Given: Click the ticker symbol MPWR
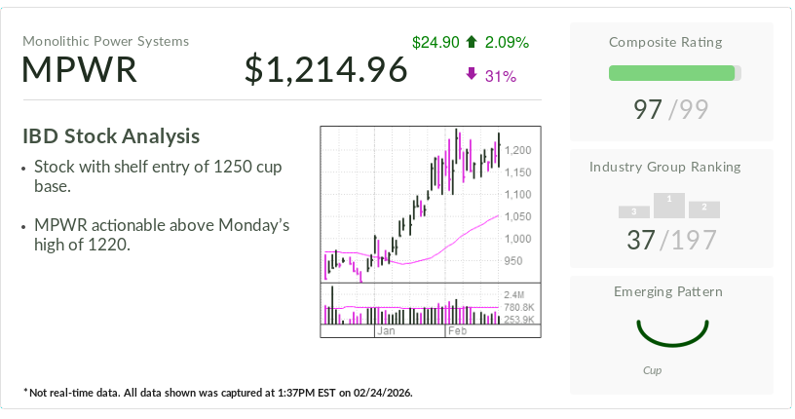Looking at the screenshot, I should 80,70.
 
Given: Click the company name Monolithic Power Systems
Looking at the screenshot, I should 106,41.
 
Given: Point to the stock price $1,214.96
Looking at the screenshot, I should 325,70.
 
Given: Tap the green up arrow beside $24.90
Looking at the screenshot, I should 472,42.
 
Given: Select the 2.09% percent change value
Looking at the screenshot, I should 507,42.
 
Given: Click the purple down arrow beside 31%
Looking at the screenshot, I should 472,75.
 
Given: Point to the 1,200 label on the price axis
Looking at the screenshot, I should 517,150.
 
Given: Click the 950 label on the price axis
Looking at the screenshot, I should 512,261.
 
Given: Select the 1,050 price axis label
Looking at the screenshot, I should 517,216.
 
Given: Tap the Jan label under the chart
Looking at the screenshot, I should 386,331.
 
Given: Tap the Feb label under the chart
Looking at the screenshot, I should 456,331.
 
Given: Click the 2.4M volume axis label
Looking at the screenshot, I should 513,294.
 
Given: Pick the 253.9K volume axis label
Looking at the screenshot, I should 517,320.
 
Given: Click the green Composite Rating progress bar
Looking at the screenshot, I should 671,73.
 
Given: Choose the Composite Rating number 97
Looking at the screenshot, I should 648,109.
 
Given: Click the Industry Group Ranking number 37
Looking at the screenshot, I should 641,240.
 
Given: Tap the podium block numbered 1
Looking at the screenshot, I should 669,204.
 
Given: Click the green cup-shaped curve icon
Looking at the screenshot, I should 671,332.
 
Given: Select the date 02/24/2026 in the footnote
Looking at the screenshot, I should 376,393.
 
